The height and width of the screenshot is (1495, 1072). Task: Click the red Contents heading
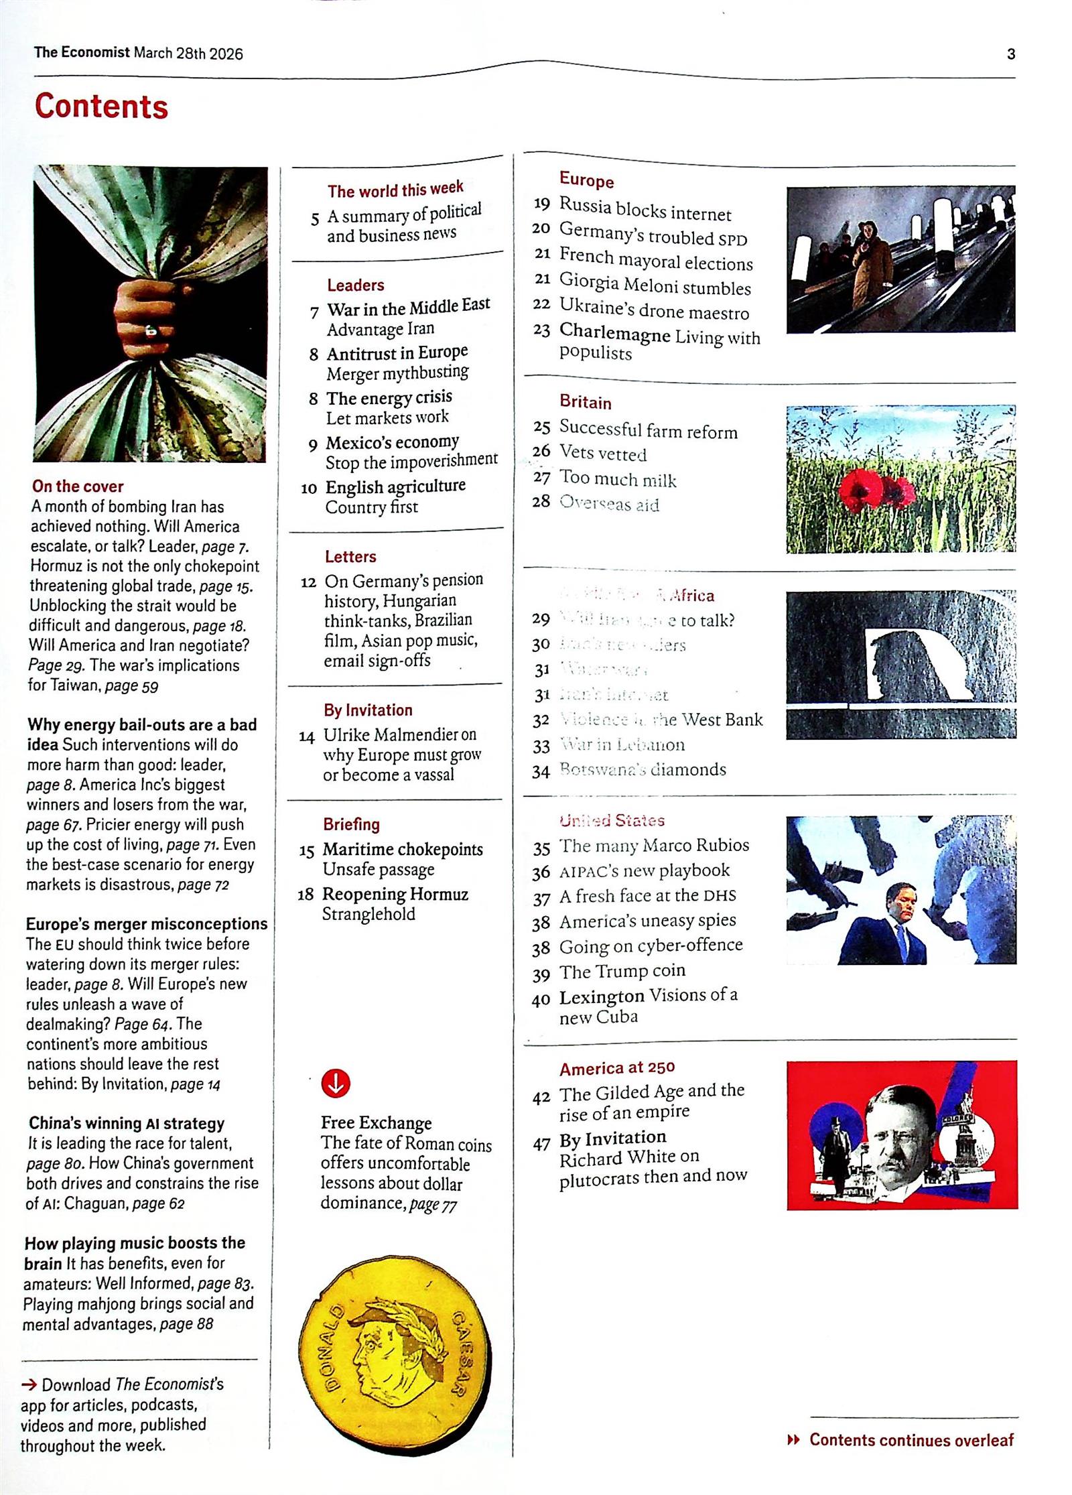101,106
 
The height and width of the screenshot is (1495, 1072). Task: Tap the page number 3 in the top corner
1010,54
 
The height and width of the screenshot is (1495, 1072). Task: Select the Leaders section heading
355,285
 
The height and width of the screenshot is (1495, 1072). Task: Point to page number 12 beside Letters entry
308,582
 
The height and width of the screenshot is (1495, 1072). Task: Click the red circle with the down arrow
336,1082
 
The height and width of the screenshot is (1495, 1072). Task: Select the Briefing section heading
351,824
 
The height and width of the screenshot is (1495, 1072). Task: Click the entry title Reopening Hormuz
395,894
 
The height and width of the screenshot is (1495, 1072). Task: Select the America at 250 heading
617,1067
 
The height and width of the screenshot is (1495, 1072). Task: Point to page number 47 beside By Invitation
541,1143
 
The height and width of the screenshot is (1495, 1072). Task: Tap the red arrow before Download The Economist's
29,1384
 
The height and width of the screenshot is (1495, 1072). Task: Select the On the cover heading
78,486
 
